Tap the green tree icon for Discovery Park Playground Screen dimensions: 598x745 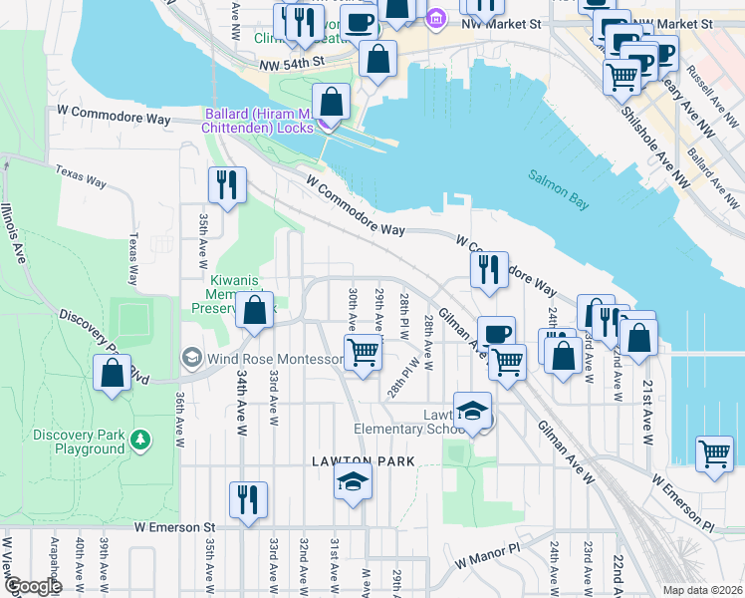(140, 439)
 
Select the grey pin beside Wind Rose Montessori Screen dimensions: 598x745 (190, 357)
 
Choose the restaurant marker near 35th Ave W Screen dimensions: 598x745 (227, 185)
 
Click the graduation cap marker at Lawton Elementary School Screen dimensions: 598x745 (472, 410)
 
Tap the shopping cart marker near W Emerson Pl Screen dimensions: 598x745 (714, 454)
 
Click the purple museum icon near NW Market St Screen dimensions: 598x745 (435, 19)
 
